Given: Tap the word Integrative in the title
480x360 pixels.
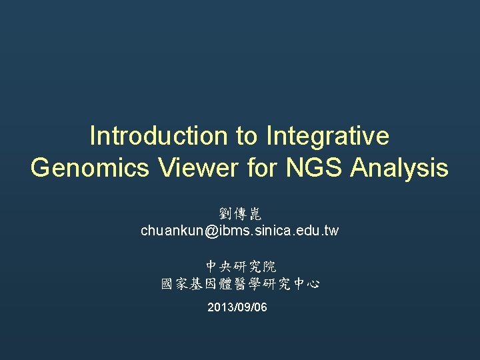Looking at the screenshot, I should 327,136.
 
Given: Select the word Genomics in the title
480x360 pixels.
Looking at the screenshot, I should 90,167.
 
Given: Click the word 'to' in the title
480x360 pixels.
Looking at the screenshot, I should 246,136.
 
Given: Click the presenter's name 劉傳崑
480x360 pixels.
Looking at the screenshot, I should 240,214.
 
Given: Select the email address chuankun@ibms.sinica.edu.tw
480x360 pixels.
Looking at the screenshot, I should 240,231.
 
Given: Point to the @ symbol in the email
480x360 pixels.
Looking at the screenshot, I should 211,231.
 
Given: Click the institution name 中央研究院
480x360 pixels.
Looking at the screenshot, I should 240,267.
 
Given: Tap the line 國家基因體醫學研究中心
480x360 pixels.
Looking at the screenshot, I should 240,284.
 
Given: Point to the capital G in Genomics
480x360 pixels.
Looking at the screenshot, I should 40,167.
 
